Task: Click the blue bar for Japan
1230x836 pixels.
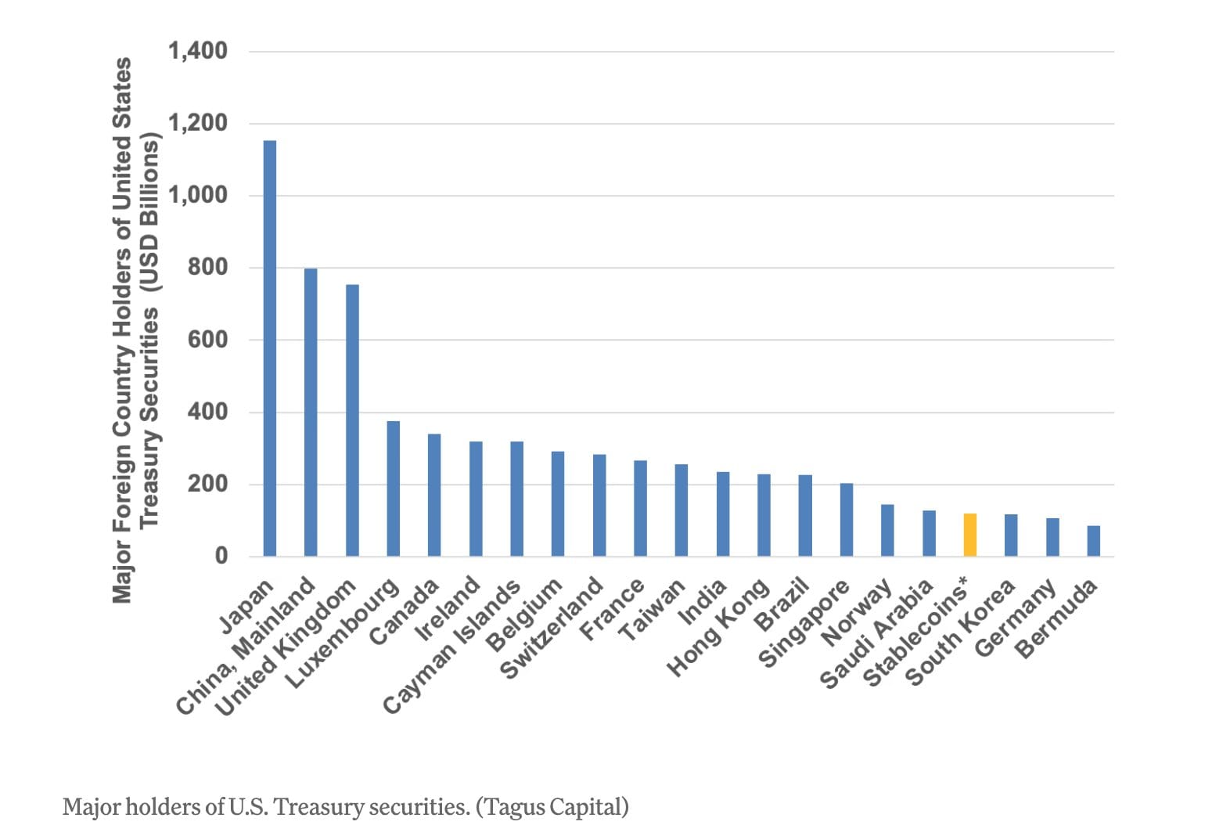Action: pyautogui.click(x=269, y=348)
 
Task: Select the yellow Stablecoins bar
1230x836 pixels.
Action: pyautogui.click(x=969, y=535)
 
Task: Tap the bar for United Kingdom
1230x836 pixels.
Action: pyautogui.click(x=352, y=420)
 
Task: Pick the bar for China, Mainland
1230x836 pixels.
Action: pyautogui.click(x=311, y=413)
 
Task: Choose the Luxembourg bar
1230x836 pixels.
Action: pyautogui.click(x=394, y=488)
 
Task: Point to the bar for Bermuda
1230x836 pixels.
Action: pyautogui.click(x=1093, y=542)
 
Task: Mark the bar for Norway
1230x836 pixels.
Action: pyautogui.click(x=887, y=531)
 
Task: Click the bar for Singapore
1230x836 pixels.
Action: pyautogui.click(x=847, y=520)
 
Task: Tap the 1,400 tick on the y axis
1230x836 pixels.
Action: pyautogui.click(x=198, y=51)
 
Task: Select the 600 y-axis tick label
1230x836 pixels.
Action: pyautogui.click(x=207, y=340)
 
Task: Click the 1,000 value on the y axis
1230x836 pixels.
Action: pyautogui.click(x=198, y=195)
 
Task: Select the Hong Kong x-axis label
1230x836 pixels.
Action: pyautogui.click(x=718, y=628)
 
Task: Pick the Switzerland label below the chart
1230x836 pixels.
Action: pyautogui.click(x=552, y=629)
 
